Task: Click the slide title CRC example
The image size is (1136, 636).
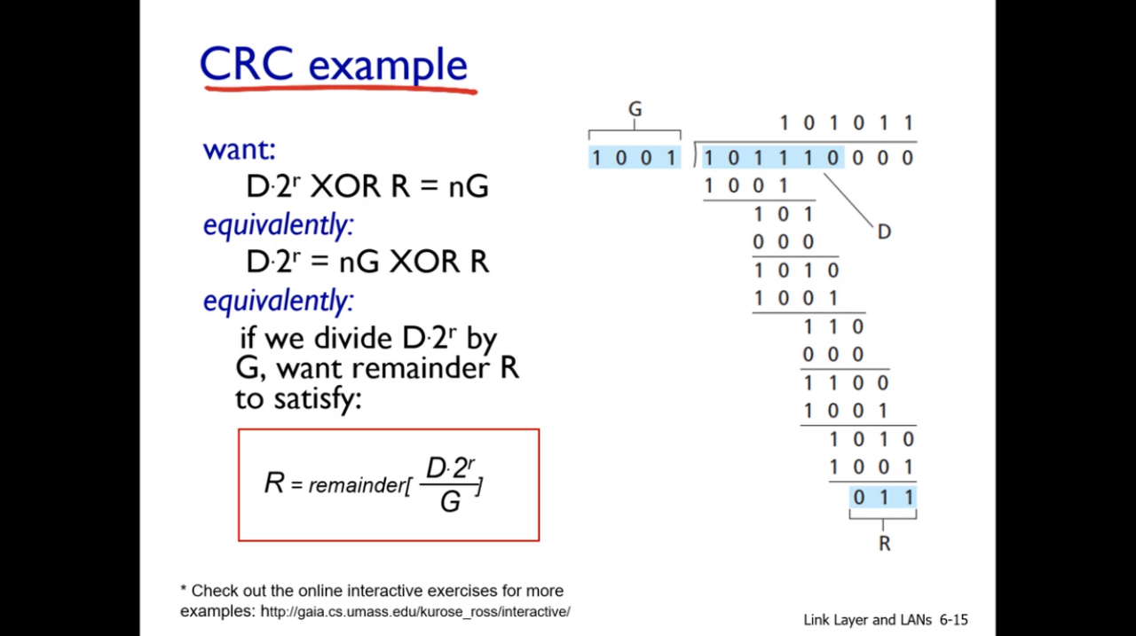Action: [x=333, y=64]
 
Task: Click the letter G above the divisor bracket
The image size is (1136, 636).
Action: [x=635, y=109]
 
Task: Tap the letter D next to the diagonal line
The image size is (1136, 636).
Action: [x=884, y=232]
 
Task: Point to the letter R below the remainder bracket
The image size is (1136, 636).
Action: [x=884, y=544]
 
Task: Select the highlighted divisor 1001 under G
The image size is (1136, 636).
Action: [x=635, y=158]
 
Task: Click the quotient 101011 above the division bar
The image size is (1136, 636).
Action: [x=846, y=122]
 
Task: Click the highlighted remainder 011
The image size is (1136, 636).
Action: [x=883, y=497]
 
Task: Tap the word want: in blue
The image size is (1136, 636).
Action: [x=239, y=149]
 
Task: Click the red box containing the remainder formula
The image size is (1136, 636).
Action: [x=388, y=484]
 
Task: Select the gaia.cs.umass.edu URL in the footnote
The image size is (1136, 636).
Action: [x=415, y=611]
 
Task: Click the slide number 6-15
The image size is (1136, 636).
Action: [x=953, y=620]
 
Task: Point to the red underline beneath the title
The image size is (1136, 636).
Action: [x=340, y=89]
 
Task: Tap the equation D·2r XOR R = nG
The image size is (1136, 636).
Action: [x=367, y=186]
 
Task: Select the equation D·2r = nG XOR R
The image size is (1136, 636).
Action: [x=367, y=262]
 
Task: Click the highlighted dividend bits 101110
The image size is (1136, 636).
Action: [x=770, y=158]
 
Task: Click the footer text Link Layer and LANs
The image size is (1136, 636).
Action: [x=867, y=620]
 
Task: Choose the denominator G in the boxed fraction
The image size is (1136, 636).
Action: [x=450, y=503]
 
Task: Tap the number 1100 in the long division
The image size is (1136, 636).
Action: [x=846, y=383]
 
